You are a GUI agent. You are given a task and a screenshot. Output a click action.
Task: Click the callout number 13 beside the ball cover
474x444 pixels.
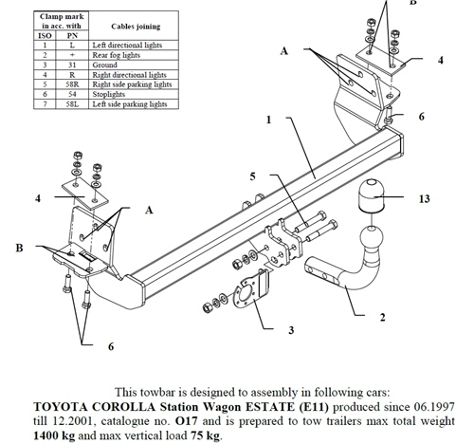pos(424,198)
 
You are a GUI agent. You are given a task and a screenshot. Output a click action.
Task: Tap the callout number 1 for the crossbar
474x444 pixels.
pos(269,120)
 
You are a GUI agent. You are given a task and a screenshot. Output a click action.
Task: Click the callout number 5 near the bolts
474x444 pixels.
pos(252,176)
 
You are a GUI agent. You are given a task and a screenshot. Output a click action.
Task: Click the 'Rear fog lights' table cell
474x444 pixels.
pos(119,55)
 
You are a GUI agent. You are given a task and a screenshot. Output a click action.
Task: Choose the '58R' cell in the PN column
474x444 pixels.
pos(70,83)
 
